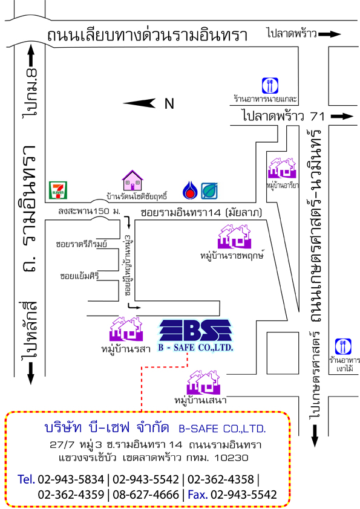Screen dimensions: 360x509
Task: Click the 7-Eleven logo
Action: point(58,190)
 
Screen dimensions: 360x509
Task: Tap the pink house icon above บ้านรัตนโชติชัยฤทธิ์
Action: point(133,181)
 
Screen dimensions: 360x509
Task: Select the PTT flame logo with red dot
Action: point(190,190)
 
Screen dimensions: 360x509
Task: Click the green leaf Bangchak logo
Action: point(209,191)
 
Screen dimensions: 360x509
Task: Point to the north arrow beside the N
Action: point(139,103)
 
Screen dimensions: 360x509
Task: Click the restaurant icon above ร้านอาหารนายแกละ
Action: point(270,86)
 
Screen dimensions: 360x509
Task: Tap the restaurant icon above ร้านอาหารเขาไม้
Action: point(344,347)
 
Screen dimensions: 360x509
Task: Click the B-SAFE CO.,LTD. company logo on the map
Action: point(195,336)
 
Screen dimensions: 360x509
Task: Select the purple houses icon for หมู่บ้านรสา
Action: point(126,329)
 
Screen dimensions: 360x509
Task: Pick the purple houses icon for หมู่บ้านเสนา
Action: point(204,383)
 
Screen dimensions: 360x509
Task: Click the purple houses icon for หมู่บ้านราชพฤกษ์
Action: point(234,236)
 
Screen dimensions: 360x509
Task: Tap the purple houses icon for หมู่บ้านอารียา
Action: point(282,168)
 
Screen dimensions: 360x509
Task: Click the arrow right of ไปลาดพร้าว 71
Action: point(342,116)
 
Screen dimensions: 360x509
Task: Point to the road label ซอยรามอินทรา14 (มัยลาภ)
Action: point(201,213)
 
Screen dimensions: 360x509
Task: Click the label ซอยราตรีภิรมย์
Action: point(81,244)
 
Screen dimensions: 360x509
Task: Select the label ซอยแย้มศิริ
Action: point(80,276)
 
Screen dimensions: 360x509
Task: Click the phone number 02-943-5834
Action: point(71,479)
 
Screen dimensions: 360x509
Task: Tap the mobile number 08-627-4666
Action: point(146,494)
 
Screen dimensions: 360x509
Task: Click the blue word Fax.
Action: point(197,494)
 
